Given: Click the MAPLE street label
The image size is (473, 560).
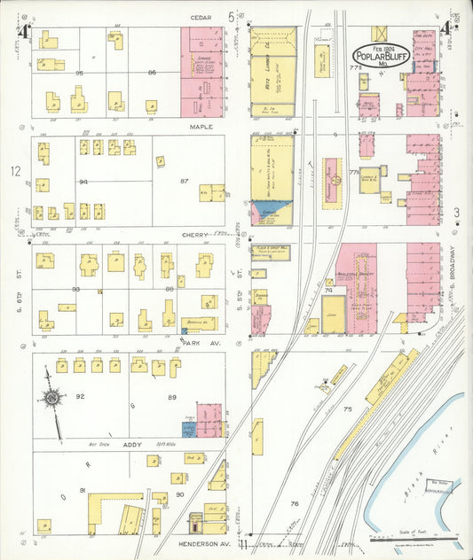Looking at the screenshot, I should pos(201,126).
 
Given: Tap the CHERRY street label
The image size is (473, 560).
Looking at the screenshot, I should pos(195,235).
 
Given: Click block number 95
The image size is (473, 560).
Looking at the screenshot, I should pos(79,72).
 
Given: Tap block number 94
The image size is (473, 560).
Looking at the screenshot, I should pos(84,181).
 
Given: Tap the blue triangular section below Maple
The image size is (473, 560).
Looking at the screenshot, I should pos(278,211).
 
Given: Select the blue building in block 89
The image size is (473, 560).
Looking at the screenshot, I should pos(188,429).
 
